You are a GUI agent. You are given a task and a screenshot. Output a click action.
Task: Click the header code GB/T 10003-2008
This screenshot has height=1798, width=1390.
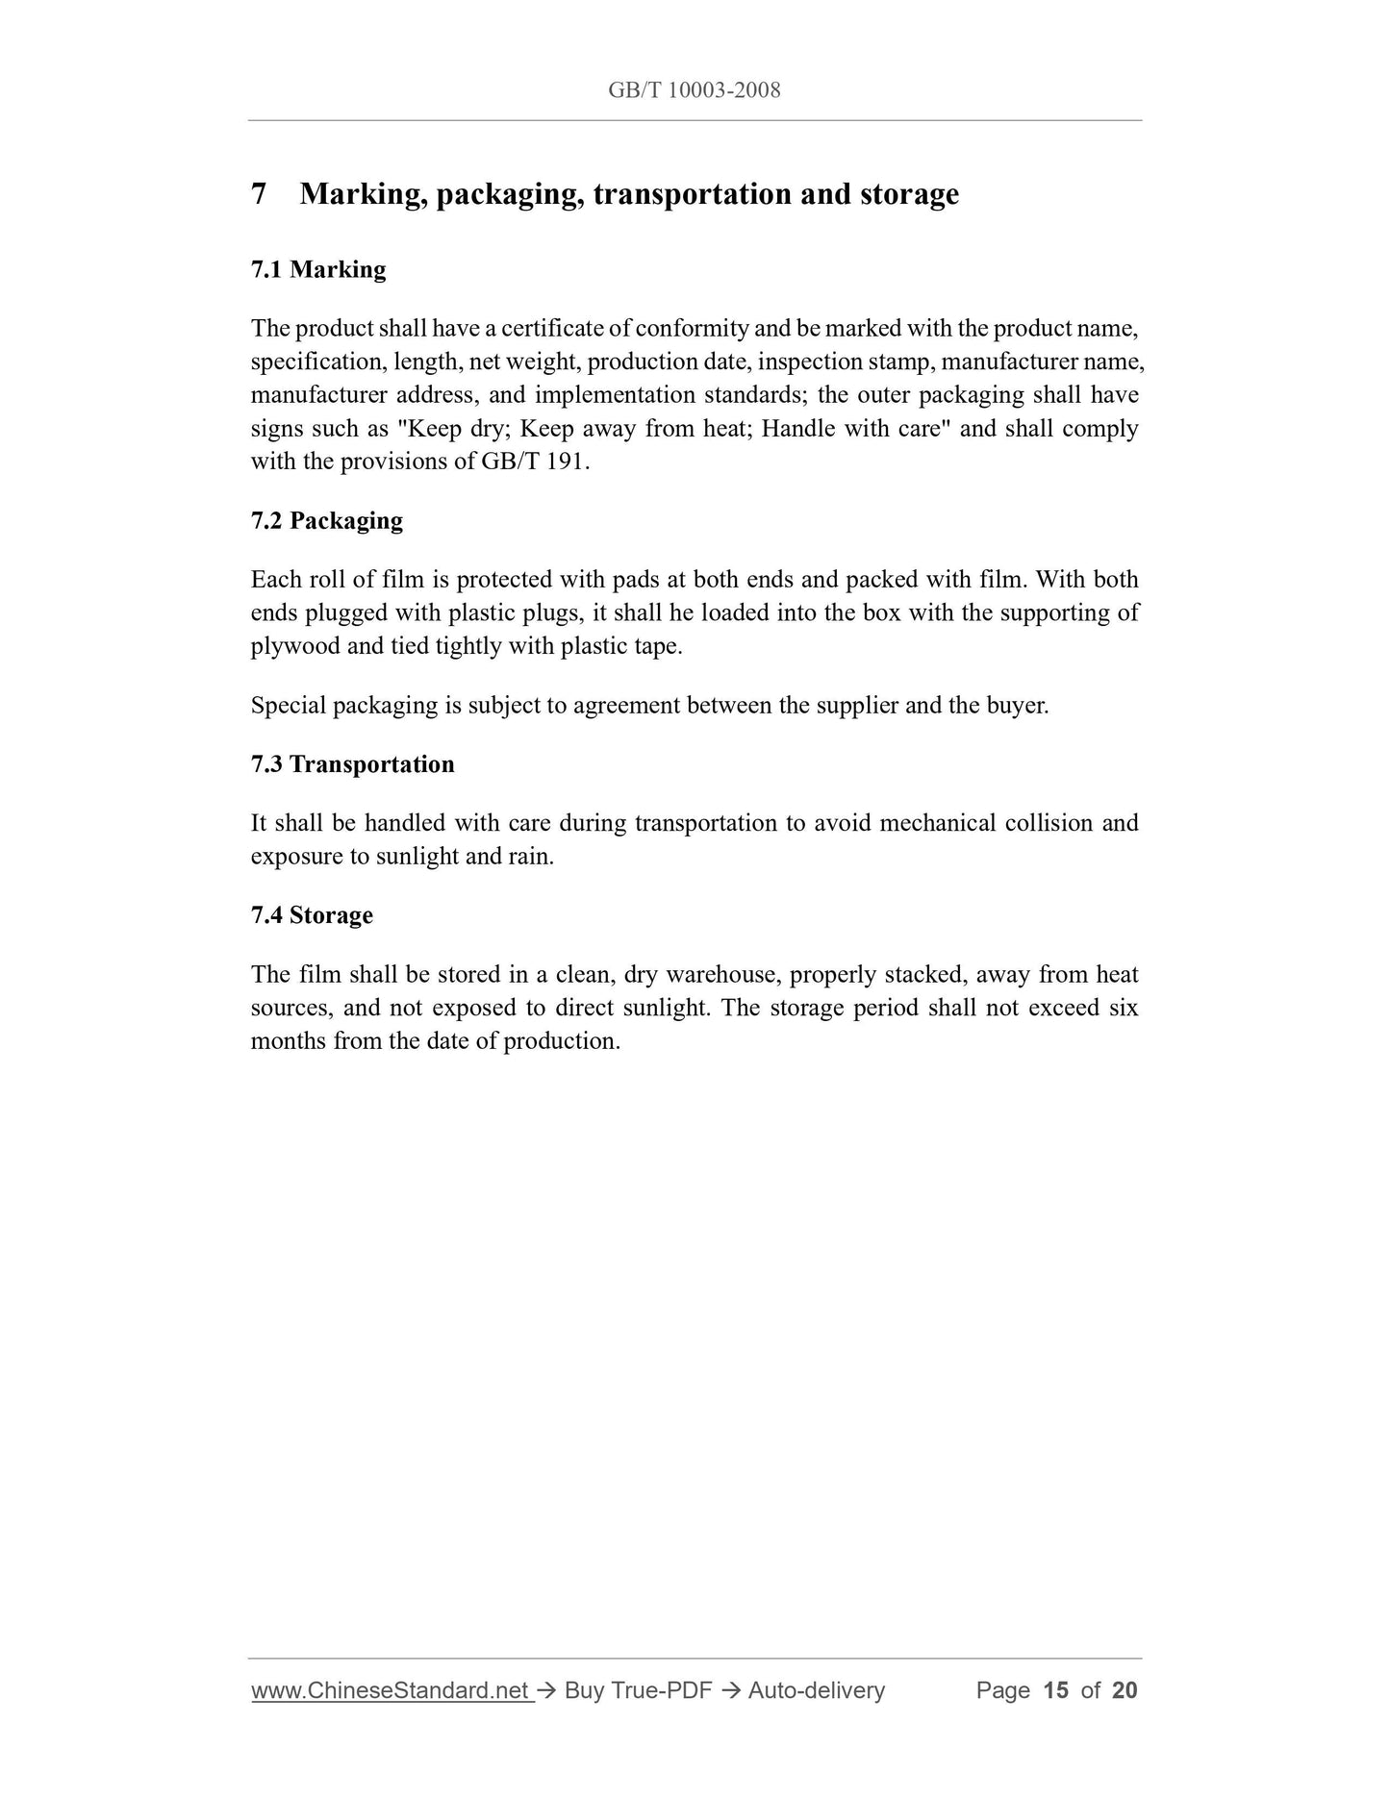click(694, 90)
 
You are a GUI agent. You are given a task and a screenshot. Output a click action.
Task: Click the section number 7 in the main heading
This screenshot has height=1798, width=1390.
click(259, 194)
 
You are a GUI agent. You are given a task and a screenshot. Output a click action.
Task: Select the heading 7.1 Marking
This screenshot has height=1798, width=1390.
click(318, 270)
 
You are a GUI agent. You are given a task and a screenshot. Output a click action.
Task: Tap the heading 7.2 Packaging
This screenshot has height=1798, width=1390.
click(326, 521)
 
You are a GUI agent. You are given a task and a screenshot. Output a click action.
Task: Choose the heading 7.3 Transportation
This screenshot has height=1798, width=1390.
click(352, 764)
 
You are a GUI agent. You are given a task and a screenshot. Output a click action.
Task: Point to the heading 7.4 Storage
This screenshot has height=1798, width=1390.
click(312, 915)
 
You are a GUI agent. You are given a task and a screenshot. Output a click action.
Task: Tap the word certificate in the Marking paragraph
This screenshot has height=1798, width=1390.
click(552, 329)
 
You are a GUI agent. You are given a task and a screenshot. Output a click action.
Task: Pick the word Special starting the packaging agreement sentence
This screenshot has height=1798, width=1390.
click(288, 706)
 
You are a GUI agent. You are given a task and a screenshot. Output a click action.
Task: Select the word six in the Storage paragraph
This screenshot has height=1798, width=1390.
click(1123, 1009)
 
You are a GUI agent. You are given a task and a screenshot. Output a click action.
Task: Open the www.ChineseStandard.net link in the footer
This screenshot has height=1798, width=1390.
click(391, 1690)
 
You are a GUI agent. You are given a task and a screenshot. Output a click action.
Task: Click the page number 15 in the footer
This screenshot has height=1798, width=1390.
click(1055, 1690)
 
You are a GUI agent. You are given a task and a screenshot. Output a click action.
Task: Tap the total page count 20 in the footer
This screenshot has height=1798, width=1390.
click(1125, 1690)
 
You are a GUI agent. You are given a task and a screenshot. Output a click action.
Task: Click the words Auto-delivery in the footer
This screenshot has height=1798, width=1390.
click(816, 1690)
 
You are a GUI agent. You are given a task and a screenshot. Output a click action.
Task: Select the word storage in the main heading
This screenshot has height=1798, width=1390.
click(909, 194)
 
